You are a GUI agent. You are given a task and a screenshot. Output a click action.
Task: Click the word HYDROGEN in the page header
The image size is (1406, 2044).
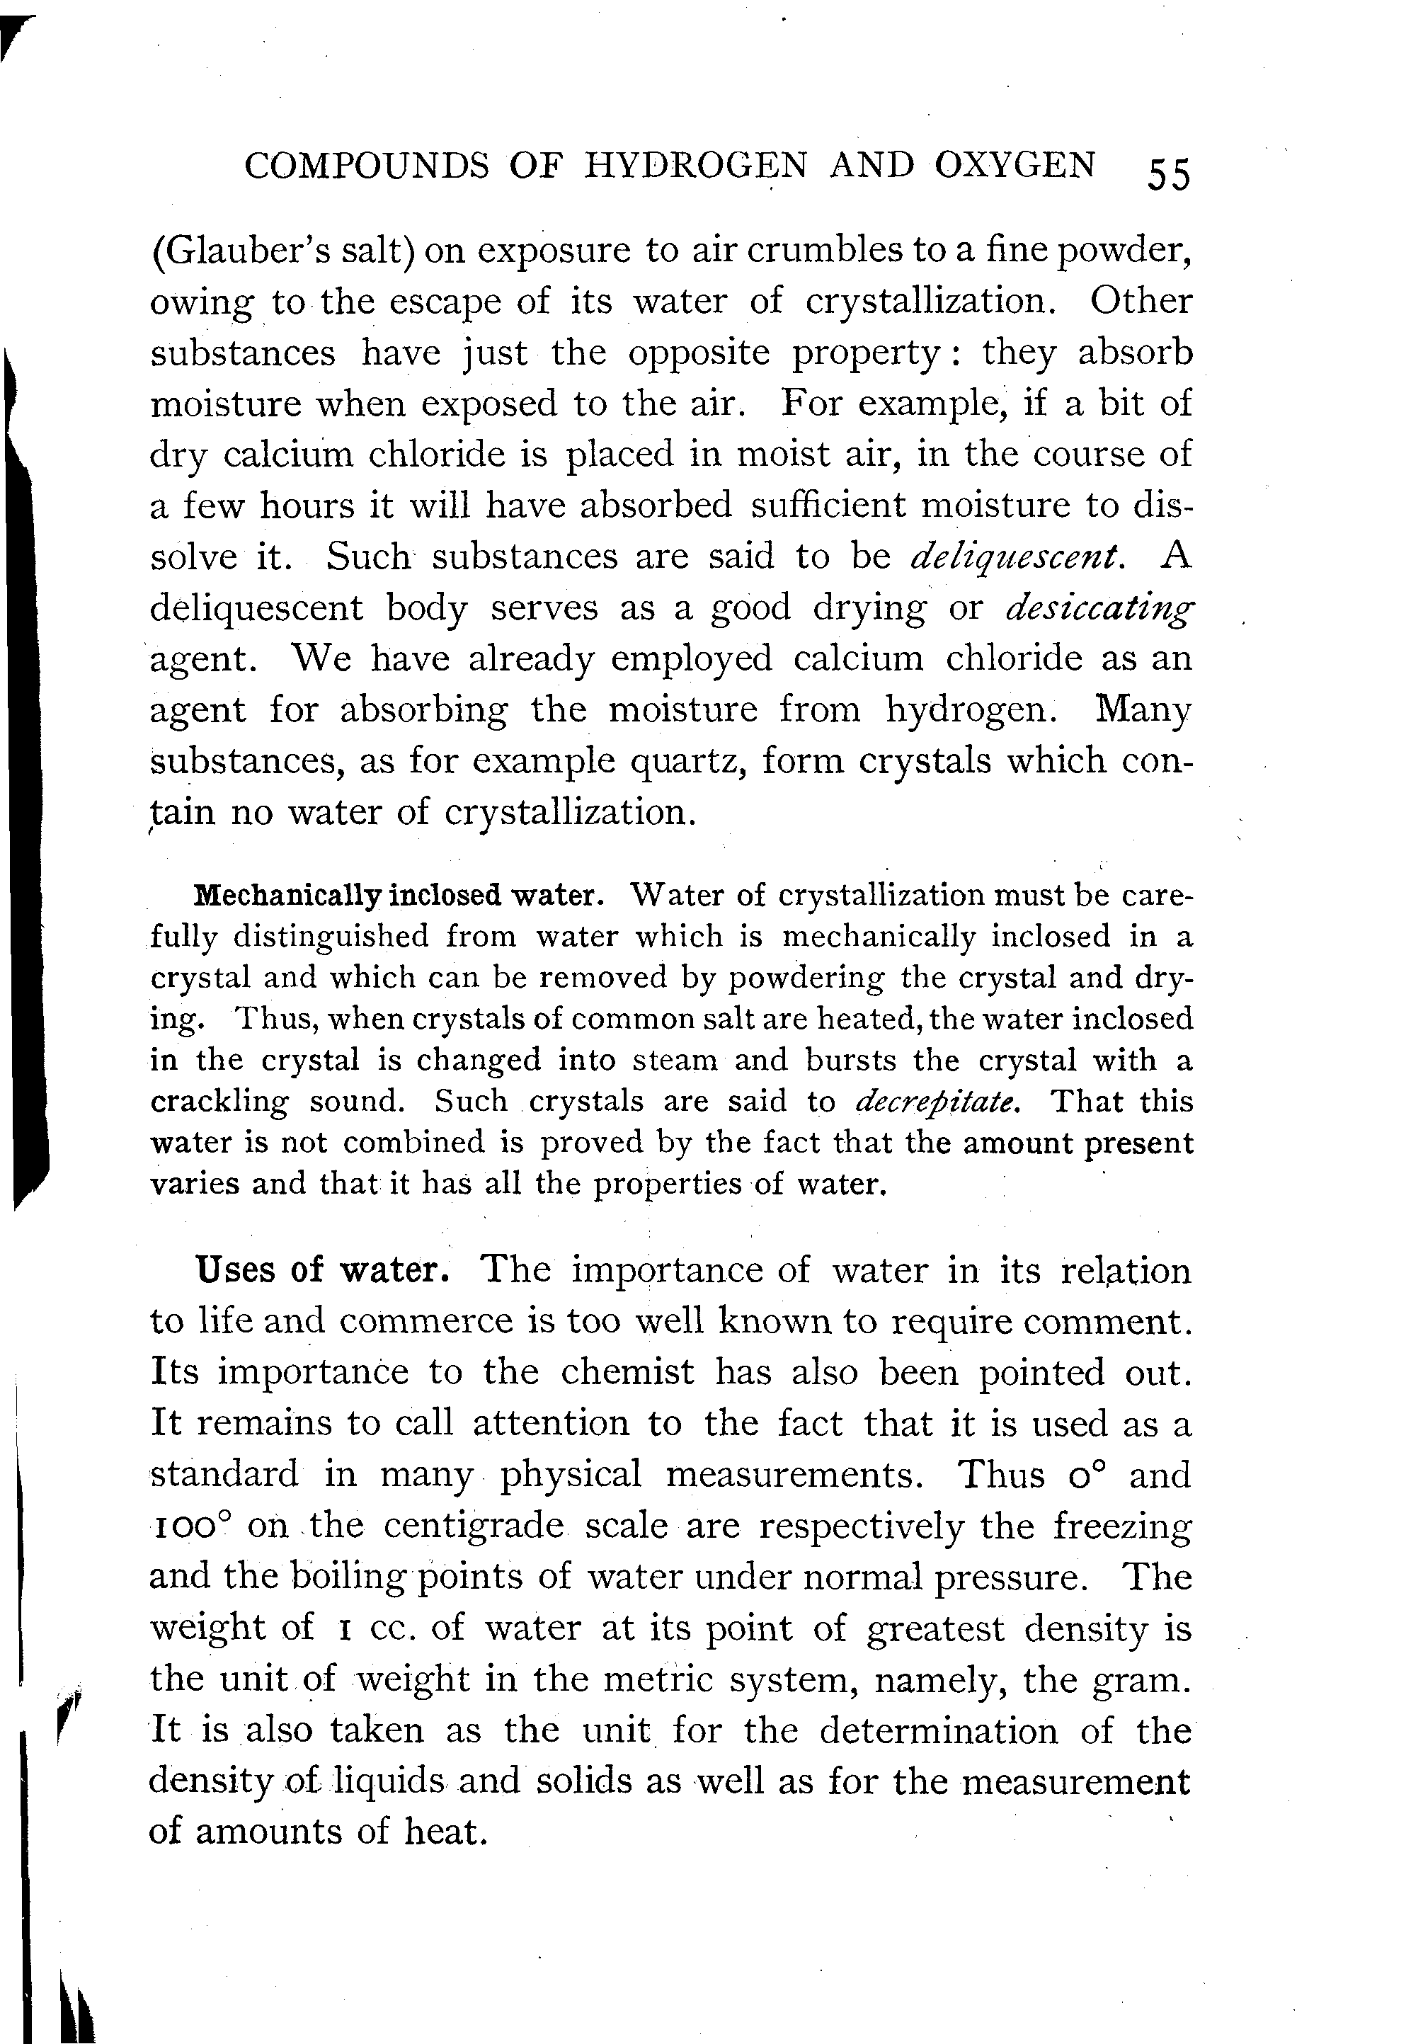696,166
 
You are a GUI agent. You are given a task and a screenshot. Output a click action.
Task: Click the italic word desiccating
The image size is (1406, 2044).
1100,609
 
